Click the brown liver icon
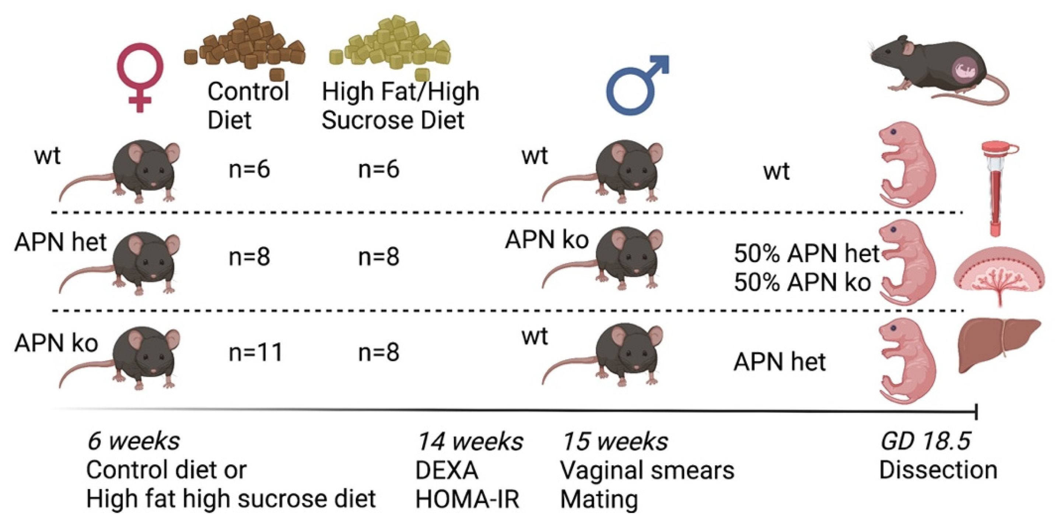click(997, 345)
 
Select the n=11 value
click(256, 352)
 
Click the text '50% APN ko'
click(802, 282)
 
